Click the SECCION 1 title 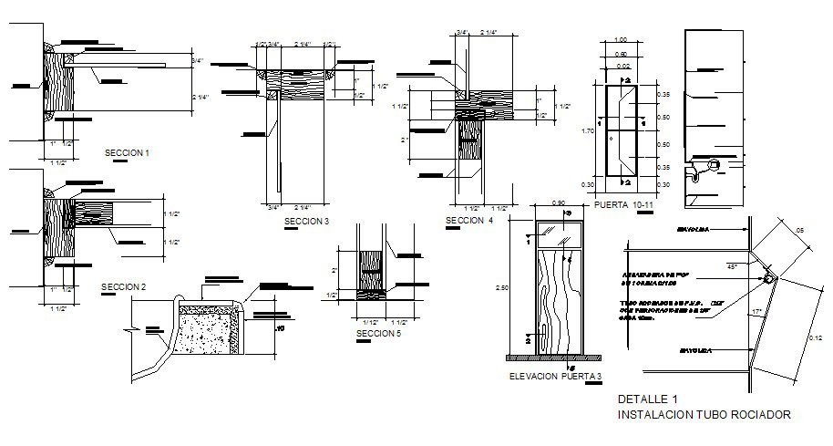pos(128,153)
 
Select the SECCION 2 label pos(123,286)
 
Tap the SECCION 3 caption pos(305,222)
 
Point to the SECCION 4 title pos(469,221)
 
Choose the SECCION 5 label pos(378,334)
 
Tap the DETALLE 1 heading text pos(648,399)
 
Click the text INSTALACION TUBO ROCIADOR pos(704,414)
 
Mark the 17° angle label pos(757,314)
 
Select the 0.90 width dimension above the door pos(559,202)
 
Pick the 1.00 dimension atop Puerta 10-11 pos(622,40)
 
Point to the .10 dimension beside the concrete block pos(280,328)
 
